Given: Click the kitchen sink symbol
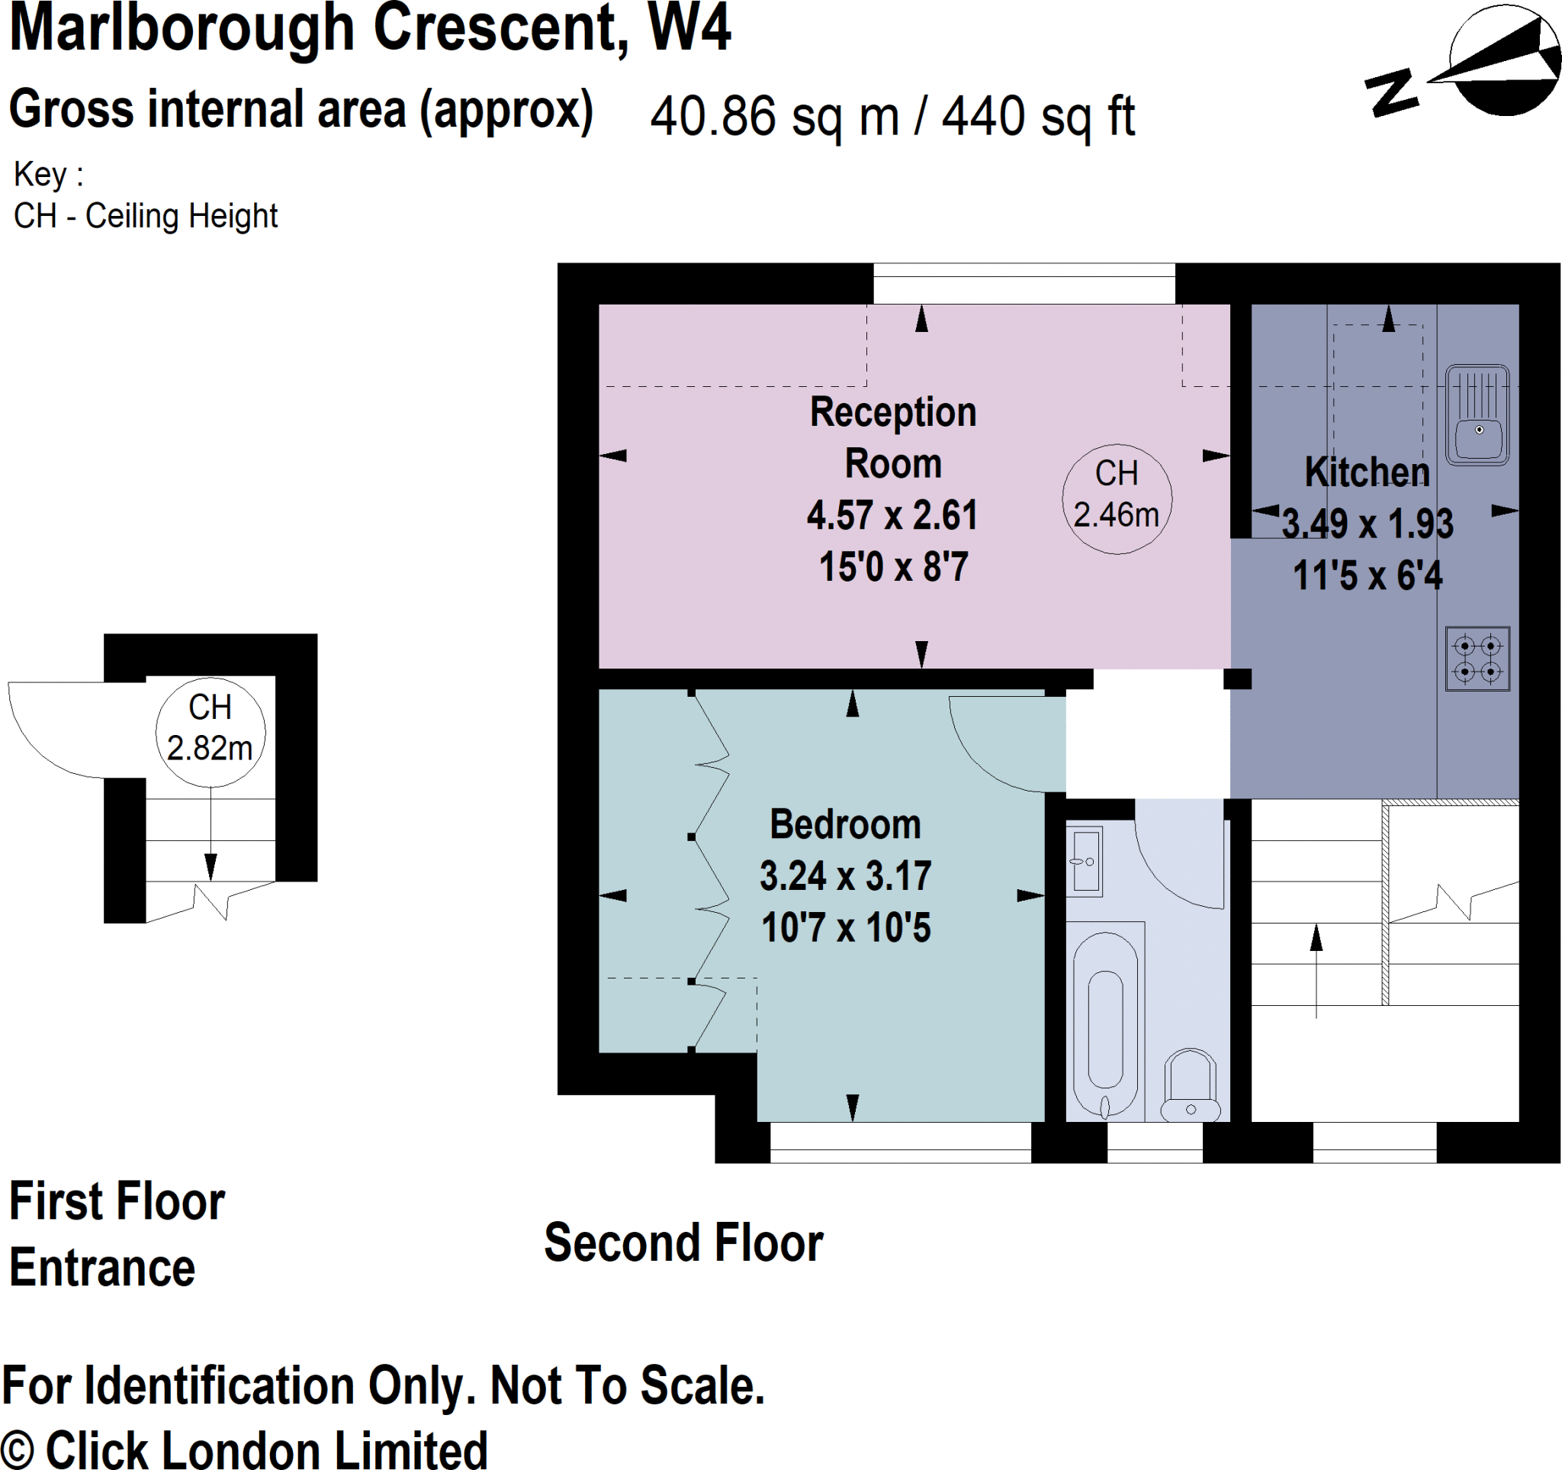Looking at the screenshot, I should click(x=1477, y=415).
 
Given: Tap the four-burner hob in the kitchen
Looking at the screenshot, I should click(x=1477, y=659).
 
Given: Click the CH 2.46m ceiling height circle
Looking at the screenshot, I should click(x=1117, y=498).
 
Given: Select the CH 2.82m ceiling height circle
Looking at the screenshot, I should click(x=210, y=732).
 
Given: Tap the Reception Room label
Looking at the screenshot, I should click(x=892, y=437).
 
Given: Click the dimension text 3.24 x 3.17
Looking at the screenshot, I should click(x=845, y=875).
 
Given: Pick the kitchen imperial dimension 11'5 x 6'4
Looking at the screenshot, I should click(x=1368, y=575).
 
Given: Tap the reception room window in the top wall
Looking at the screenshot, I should click(x=1024, y=284).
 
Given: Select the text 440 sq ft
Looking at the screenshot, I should click(x=1038, y=117).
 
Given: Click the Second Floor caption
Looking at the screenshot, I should click(x=683, y=1243).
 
